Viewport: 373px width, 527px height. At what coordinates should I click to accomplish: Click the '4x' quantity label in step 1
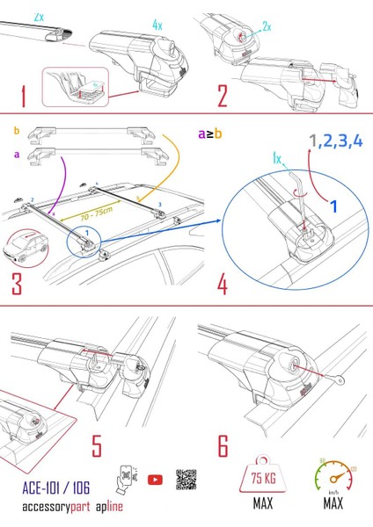pos(157,26)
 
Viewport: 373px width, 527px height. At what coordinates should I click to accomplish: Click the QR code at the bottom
pos(186,480)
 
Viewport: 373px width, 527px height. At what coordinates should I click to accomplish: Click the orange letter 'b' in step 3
pos(17,131)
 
